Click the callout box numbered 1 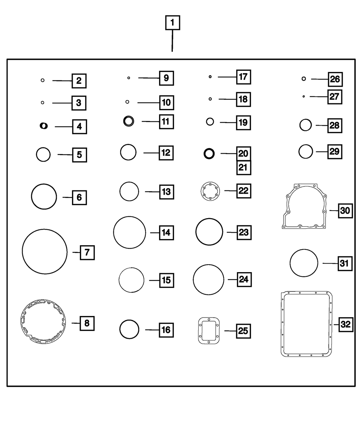tap(172, 23)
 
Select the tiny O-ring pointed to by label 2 tap(42, 80)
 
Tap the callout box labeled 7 tap(87, 252)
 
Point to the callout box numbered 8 tap(87, 323)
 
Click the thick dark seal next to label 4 tap(44, 126)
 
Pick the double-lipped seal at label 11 tap(129, 121)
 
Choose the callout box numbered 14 tap(166, 233)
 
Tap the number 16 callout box tap(166, 330)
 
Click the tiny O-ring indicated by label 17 tap(210, 77)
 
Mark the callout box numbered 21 tap(244, 167)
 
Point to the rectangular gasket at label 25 tap(209, 330)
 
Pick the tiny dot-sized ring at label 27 tap(304, 96)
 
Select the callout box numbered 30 tap(345, 210)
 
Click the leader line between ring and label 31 tap(329, 263)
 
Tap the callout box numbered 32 tap(345, 324)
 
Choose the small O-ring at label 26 tap(304, 78)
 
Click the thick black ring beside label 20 tap(209, 153)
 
